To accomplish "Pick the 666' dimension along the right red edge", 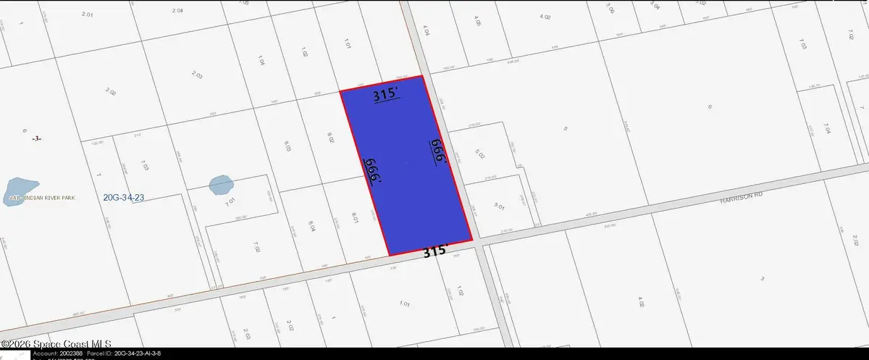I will [436, 151].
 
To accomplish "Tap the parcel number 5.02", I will [479, 154].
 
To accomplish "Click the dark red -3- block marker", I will [38, 138].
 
